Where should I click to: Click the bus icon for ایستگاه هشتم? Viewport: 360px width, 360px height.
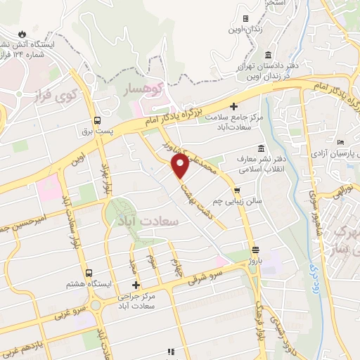pos(89,273)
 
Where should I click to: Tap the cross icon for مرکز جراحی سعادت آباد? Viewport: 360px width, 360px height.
pos(138,285)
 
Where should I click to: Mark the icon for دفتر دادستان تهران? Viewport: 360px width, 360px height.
pos(267,56)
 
